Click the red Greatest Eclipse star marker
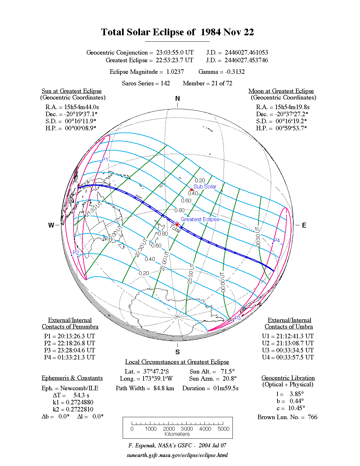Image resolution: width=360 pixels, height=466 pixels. [x=177, y=224]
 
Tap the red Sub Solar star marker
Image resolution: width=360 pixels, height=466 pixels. [x=191, y=190]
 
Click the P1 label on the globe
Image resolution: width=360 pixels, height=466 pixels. [x=105, y=160]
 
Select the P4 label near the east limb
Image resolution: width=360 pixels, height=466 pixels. [x=277, y=240]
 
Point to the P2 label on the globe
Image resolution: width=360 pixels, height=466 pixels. [x=76, y=253]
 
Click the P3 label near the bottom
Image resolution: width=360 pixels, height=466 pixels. [x=238, y=318]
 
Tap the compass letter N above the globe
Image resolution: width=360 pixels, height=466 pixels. [x=178, y=99]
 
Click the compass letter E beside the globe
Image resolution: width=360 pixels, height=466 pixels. [x=304, y=225]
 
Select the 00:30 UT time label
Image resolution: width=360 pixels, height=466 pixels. [x=258, y=237]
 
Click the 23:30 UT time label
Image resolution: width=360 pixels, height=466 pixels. [x=190, y=273]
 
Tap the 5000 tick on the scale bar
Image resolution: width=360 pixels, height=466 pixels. [x=224, y=429]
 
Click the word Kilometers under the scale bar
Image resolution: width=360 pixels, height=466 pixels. [x=177, y=434]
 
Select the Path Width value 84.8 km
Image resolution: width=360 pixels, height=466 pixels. [x=164, y=388]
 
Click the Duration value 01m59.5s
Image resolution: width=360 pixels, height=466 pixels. [x=226, y=388]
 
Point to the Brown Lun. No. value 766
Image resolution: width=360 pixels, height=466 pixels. [x=312, y=417]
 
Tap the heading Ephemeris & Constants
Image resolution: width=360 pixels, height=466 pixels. [x=72, y=378]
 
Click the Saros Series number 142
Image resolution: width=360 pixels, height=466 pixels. [x=165, y=83]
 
